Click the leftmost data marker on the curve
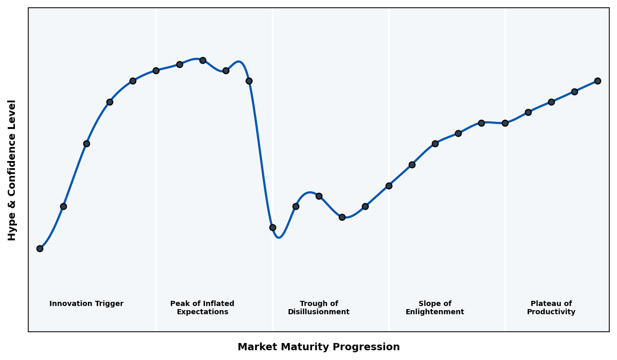click(x=40, y=248)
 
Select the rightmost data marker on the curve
click(x=597, y=81)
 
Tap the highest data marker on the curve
click(x=203, y=60)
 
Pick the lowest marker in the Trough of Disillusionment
click(x=273, y=227)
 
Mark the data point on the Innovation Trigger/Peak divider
click(x=156, y=70)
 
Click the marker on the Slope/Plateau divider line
click(x=505, y=123)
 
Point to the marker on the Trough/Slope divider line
click(x=389, y=186)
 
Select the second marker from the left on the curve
click(x=63, y=206)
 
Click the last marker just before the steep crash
click(x=249, y=81)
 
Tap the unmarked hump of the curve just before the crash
click(x=239, y=62)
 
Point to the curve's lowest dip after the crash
click(x=279, y=237)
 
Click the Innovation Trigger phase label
click(x=86, y=304)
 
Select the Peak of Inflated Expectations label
click(x=202, y=308)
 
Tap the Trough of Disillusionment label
click(x=319, y=308)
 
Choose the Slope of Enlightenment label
click(x=435, y=308)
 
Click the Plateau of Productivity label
click(x=551, y=308)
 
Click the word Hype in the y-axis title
click(x=12, y=228)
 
